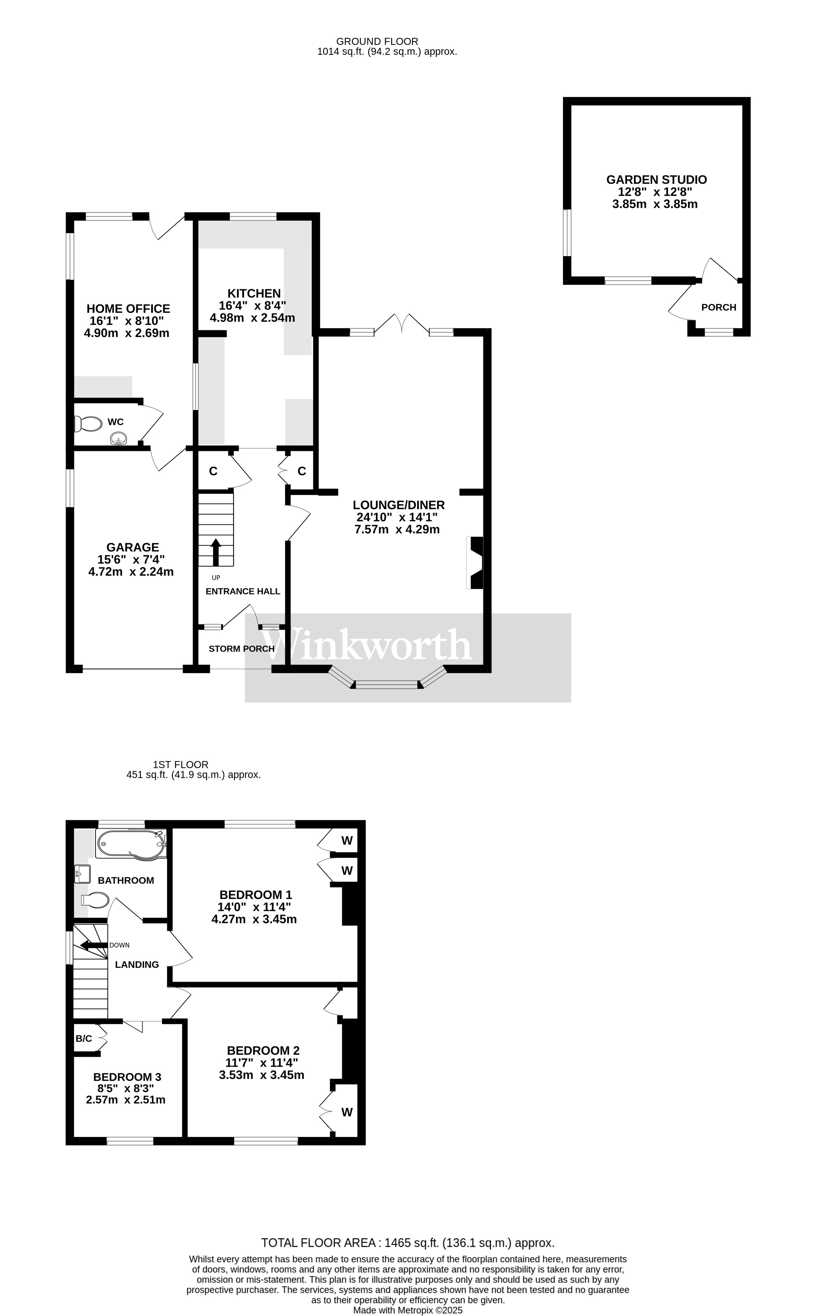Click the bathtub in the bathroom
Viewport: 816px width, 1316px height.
(131, 843)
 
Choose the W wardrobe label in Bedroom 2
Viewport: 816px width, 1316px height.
(347, 1112)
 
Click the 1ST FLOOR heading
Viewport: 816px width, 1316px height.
(181, 765)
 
